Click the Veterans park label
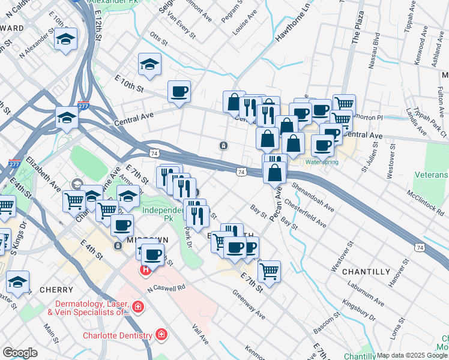pyautogui.click(x=431, y=175)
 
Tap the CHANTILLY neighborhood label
pyautogui.click(x=366, y=272)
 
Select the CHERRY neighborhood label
pyautogui.click(x=56, y=290)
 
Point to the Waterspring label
pyautogui.click(x=322, y=162)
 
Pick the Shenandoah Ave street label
pyautogui.click(x=313, y=197)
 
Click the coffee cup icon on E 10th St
pyautogui.click(x=179, y=92)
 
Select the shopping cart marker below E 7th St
pyautogui.click(x=269, y=272)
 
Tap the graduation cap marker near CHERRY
pyautogui.click(x=18, y=283)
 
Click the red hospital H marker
pyautogui.click(x=145, y=270)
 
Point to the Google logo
pyautogui.click(x=20, y=353)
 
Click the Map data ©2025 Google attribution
pyautogui.click(x=412, y=355)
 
